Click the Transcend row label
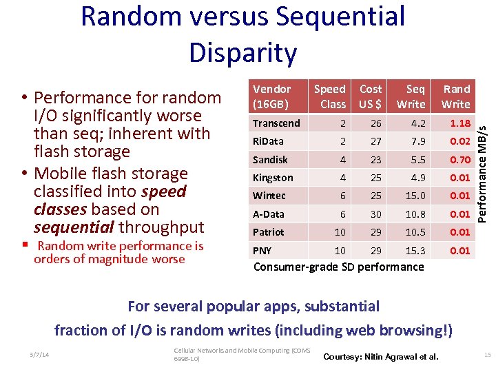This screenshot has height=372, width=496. pyautogui.click(x=276, y=123)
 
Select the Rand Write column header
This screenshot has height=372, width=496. pyautogui.click(x=456, y=96)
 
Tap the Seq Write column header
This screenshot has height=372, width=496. pyautogui.click(x=411, y=96)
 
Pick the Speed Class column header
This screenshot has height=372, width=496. pyautogui.click(x=330, y=96)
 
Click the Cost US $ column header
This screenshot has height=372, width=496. pyautogui.click(x=370, y=96)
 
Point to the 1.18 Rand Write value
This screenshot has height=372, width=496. pyautogui.click(x=459, y=123)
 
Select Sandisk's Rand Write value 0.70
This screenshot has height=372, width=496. pyautogui.click(x=459, y=160)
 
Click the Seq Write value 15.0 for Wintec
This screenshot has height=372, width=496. pyautogui.click(x=415, y=196)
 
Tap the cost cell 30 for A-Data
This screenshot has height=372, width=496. pyautogui.click(x=375, y=214)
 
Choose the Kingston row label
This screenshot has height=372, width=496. pyautogui.click(x=273, y=178)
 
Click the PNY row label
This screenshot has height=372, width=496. pyautogui.click(x=262, y=250)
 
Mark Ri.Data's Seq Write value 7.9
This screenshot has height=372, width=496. pyautogui.click(x=417, y=142)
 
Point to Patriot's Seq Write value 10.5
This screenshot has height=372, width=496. pyautogui.click(x=415, y=232)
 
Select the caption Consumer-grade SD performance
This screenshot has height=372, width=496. pyautogui.click(x=339, y=267)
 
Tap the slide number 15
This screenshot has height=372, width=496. pyautogui.click(x=487, y=354)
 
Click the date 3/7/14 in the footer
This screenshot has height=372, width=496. pyautogui.click(x=40, y=354)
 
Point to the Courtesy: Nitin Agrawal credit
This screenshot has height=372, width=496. pyautogui.click(x=380, y=356)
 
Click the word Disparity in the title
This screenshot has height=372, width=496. pyautogui.click(x=243, y=52)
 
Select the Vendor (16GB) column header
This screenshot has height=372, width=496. pyautogui.click(x=271, y=96)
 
